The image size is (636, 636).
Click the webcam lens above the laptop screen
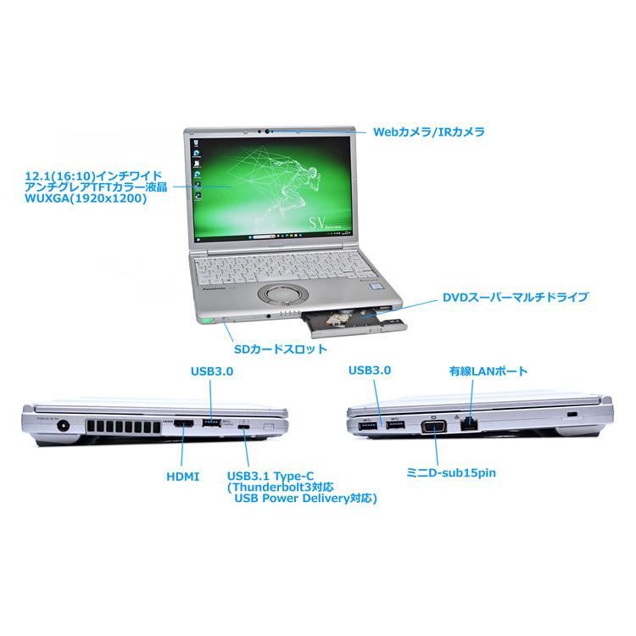(x=270, y=131)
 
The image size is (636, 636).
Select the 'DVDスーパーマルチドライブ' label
(x=515, y=298)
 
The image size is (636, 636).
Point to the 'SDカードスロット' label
(x=280, y=348)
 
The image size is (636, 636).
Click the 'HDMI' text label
(x=182, y=477)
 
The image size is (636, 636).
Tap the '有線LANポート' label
(x=488, y=371)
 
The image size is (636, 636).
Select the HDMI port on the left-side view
(x=184, y=421)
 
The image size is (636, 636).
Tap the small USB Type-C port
(x=245, y=426)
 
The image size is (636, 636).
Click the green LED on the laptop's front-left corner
(x=206, y=320)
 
